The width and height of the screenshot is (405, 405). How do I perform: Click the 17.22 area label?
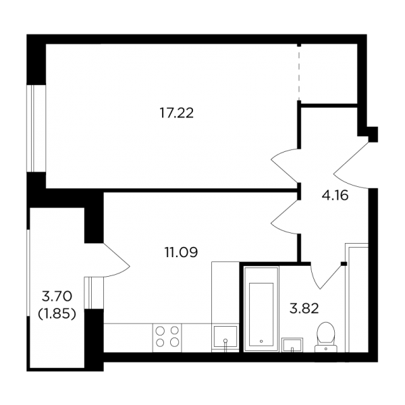pyautogui.click(x=177, y=113)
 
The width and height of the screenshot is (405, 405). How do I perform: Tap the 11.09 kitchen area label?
pyautogui.click(x=182, y=252)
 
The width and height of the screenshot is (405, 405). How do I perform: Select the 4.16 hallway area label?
pyautogui.click(x=335, y=195)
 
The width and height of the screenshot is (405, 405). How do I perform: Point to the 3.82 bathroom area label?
pyautogui.click(x=304, y=308)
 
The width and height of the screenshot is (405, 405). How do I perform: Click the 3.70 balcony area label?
pyautogui.click(x=57, y=296)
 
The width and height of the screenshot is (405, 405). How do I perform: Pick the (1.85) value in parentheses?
pyautogui.click(x=57, y=314)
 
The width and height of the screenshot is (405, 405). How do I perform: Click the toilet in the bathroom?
pyautogui.click(x=326, y=337)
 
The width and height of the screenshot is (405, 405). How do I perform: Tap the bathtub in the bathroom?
pyautogui.click(x=261, y=309)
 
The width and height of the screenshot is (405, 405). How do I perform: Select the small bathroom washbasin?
pyautogui.click(x=292, y=345)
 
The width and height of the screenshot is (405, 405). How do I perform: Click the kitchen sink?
pyautogui.click(x=225, y=339)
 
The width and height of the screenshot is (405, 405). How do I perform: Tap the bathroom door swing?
pyautogui.click(x=326, y=275)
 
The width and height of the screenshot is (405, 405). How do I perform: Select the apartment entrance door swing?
pyautogui.click(x=351, y=165)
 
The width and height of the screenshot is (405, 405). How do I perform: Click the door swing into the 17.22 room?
pyautogui.click(x=285, y=166)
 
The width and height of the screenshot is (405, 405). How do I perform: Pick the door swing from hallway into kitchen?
pyautogui.click(x=285, y=217)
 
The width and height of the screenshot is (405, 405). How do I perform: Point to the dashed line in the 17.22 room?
pyautogui.click(x=299, y=74)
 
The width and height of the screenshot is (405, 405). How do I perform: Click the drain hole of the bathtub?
pyautogui.click(x=261, y=341)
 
